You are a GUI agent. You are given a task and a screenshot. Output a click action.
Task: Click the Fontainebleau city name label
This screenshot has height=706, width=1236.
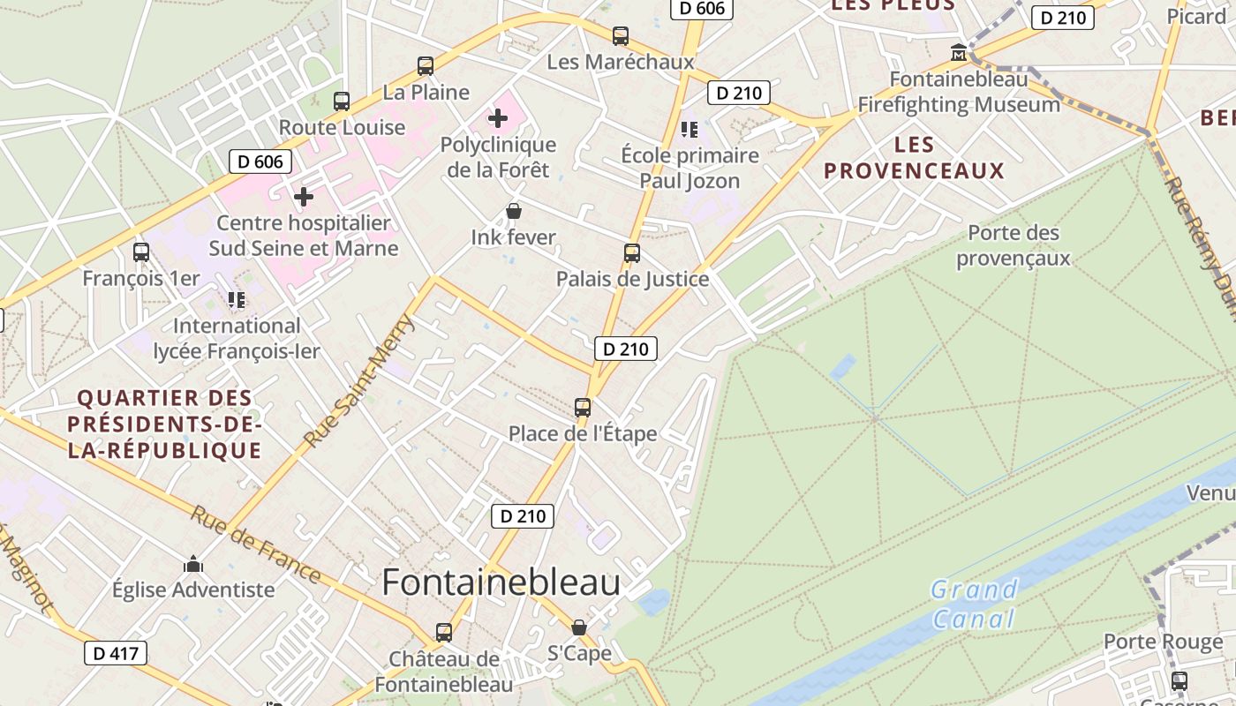coord(501,582)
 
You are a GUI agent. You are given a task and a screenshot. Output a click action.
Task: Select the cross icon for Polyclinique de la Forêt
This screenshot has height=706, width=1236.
coord(498,117)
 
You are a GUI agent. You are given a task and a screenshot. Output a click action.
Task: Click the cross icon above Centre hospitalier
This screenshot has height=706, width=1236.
coord(304,196)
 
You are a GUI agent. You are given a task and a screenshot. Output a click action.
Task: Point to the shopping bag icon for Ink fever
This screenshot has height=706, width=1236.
coord(513,211)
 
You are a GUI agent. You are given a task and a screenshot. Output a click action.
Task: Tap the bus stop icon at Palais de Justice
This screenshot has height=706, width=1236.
coord(631,253)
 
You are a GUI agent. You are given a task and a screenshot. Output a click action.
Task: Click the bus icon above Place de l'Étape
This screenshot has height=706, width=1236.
coord(582,407)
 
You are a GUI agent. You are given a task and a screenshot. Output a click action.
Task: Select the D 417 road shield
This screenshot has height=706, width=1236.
coord(116,653)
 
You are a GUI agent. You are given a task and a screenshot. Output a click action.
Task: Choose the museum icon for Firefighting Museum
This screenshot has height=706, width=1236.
coord(958,53)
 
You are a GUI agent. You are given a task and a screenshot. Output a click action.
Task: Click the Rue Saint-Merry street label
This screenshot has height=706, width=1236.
coord(358,380)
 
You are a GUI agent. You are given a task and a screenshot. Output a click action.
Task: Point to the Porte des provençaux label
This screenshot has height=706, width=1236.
coord(1013,245)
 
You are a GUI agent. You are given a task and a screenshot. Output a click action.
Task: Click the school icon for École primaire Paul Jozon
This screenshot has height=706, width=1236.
coord(690,130)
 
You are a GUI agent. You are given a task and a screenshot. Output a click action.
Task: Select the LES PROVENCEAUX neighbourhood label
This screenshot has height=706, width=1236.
coord(914,158)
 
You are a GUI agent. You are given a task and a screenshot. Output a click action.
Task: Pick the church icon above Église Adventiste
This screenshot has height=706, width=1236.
coord(193,564)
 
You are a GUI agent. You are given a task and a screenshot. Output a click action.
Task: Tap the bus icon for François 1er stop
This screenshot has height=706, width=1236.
coord(140,252)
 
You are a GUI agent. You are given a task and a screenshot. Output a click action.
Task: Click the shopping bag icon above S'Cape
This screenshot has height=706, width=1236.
coord(578,627)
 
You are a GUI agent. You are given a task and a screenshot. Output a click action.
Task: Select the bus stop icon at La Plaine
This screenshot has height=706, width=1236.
coord(425,65)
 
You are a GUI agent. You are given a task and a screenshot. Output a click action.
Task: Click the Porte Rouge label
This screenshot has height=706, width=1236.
coord(1163,642)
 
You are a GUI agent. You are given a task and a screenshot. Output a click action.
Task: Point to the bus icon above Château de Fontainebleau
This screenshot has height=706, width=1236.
coord(443,633)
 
